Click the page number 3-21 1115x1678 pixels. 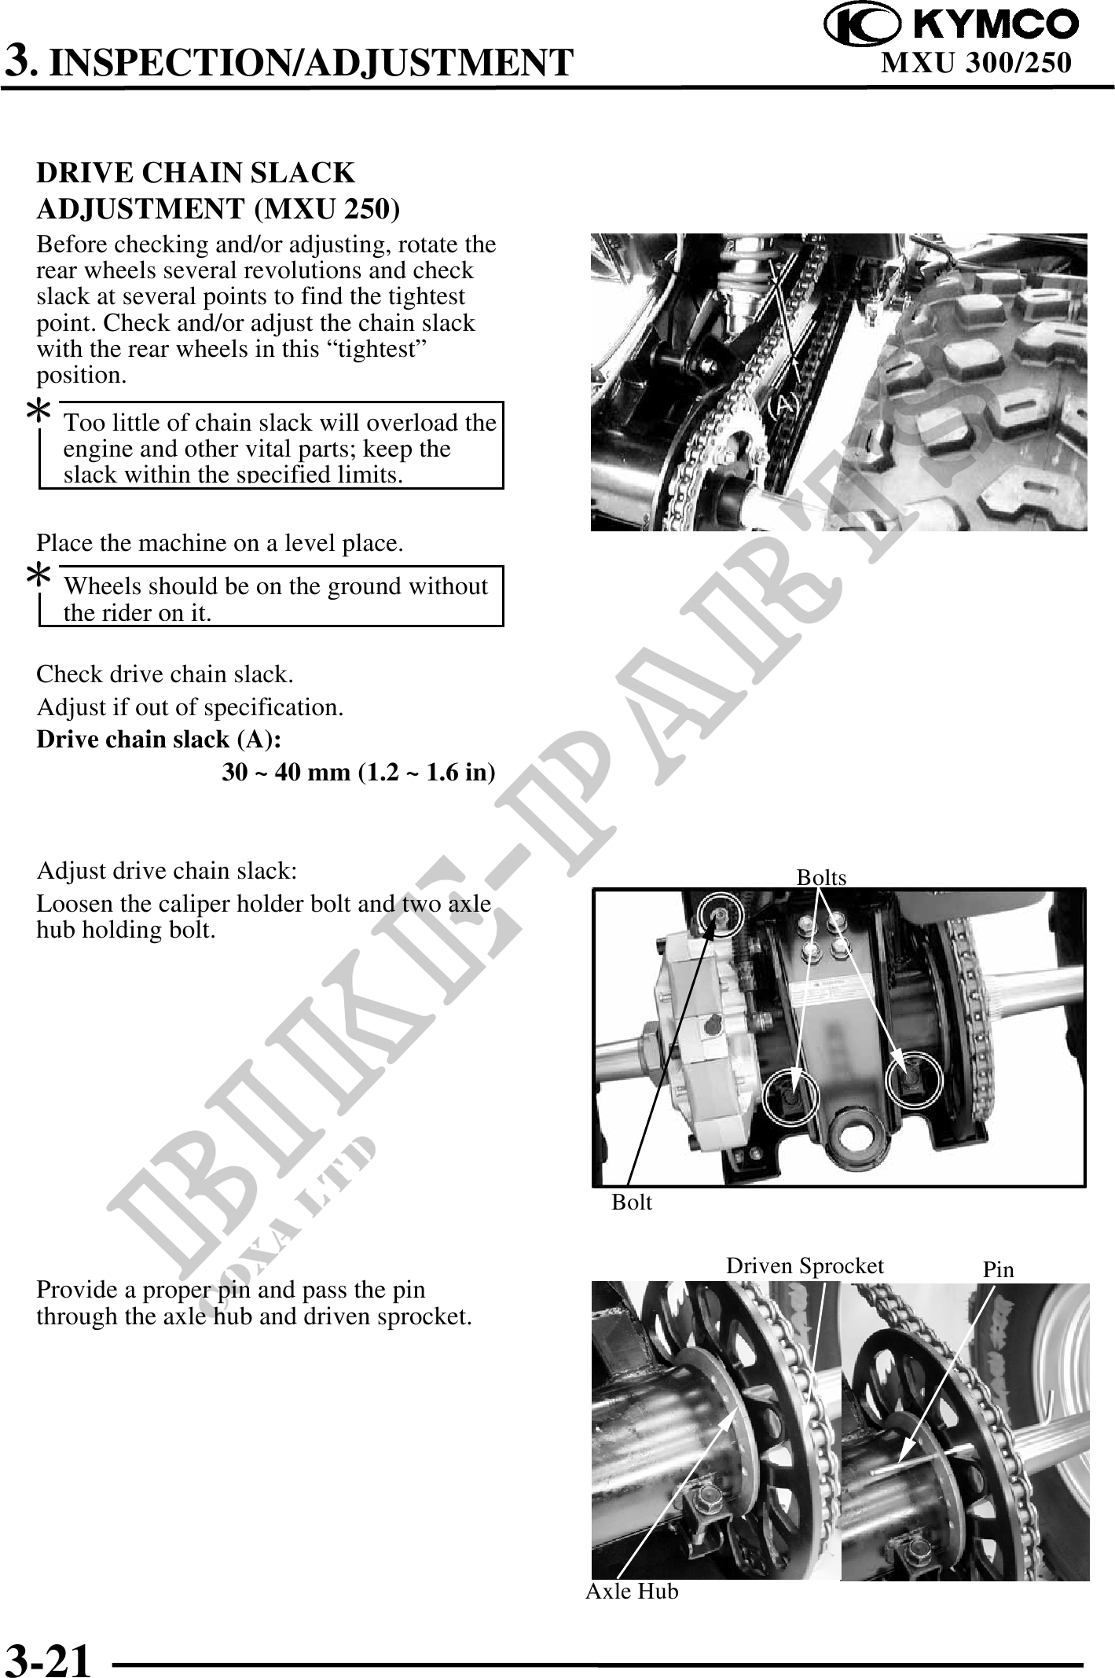49,1657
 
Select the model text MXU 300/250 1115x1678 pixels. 976,63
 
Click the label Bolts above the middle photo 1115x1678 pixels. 821,877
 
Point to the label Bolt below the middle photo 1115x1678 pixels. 632,1202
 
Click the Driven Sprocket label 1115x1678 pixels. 805,1265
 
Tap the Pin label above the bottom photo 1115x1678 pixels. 999,1269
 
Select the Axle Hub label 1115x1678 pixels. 632,1592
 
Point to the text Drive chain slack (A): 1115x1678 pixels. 160,740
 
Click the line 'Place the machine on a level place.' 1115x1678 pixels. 220,543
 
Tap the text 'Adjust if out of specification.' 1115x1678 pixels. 190,707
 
